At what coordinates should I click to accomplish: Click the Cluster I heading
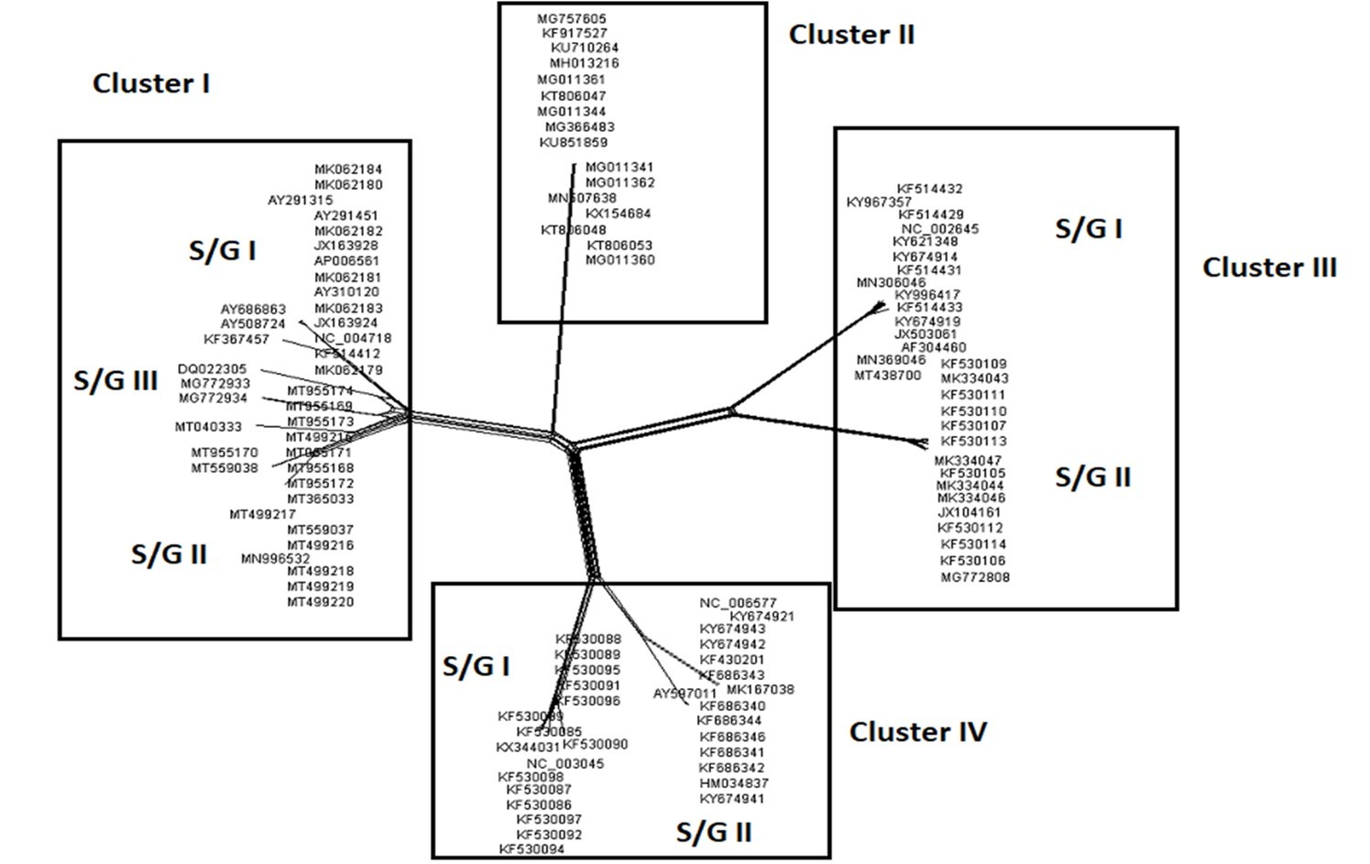pyautogui.click(x=151, y=83)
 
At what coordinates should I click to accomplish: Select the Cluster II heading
pyautogui.click(x=851, y=35)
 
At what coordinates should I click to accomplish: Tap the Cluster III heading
pyautogui.click(x=1269, y=268)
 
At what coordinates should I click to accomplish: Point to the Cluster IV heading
pyautogui.click(x=917, y=732)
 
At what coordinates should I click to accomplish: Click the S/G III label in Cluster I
pyautogui.click(x=115, y=380)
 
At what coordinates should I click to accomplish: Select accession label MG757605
pyautogui.click(x=572, y=18)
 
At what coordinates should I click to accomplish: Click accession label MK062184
pyautogui.click(x=348, y=170)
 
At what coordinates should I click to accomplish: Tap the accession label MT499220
pyautogui.click(x=320, y=602)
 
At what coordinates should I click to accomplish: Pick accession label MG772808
pyautogui.click(x=975, y=577)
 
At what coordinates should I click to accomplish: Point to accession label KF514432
pyautogui.click(x=929, y=189)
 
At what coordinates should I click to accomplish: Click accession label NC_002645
pyautogui.click(x=939, y=229)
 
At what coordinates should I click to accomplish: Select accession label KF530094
pyautogui.click(x=532, y=849)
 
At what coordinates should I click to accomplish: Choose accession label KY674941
pyautogui.click(x=731, y=799)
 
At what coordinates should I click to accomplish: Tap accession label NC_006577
pyautogui.click(x=738, y=603)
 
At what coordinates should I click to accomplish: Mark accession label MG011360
pyautogui.click(x=620, y=260)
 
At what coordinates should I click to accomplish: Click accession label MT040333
pyautogui.click(x=209, y=427)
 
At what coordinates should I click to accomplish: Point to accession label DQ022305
pyautogui.click(x=212, y=369)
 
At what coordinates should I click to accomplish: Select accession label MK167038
pyautogui.click(x=761, y=690)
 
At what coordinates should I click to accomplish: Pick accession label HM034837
pyautogui.click(x=734, y=783)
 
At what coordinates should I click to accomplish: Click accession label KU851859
pyautogui.click(x=573, y=143)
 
